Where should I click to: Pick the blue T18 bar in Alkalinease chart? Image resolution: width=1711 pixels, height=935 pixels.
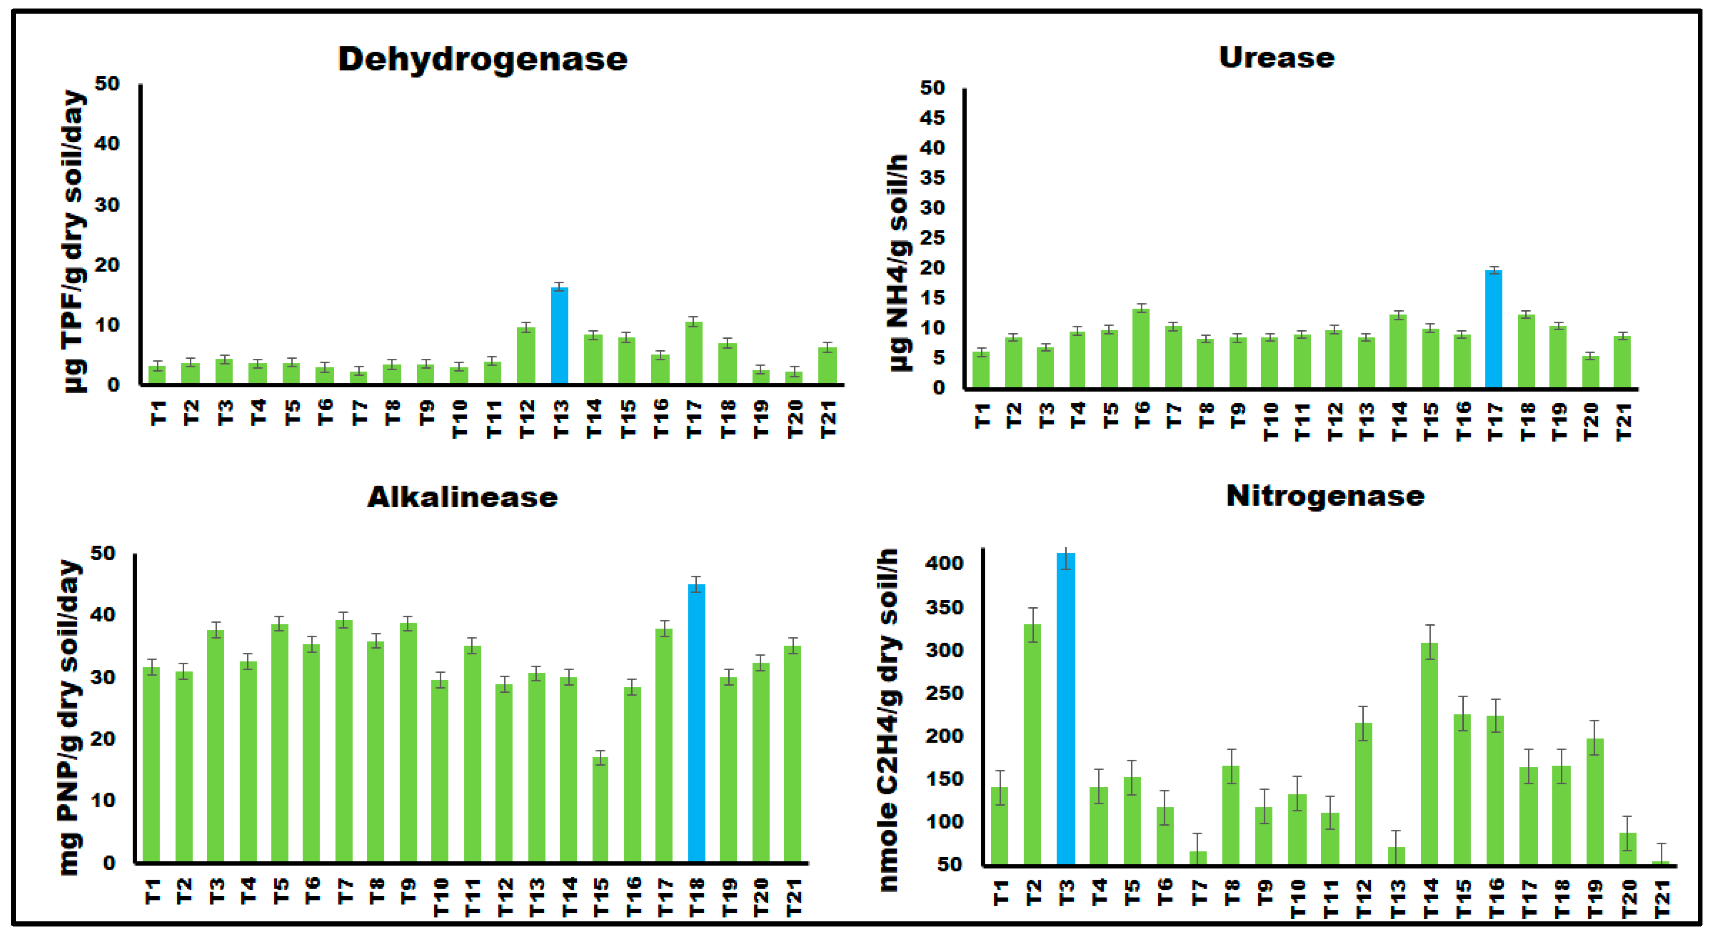pos(695,724)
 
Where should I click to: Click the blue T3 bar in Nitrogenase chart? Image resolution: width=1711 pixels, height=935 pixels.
pos(1065,708)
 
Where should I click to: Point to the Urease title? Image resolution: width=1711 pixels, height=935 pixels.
pos(1276,58)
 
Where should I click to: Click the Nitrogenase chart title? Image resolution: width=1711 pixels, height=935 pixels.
pos(1325,496)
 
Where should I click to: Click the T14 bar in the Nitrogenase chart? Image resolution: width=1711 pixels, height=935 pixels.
pos(1429,754)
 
